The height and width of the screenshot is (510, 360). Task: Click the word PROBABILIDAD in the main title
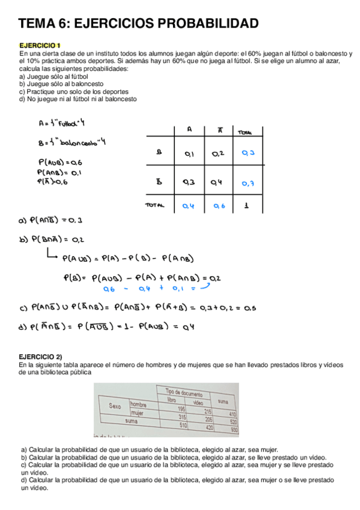tap(207, 23)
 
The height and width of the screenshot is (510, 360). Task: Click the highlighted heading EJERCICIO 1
tap(40, 46)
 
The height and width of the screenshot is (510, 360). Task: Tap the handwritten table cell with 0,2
tap(218, 154)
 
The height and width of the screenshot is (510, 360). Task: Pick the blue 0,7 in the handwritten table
tap(248, 183)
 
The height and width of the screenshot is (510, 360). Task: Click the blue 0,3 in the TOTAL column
tap(248, 153)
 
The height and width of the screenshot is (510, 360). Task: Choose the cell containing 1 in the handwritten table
tap(248, 206)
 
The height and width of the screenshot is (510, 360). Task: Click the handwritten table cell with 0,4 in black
tap(218, 182)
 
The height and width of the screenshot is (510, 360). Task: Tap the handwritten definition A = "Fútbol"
tap(61, 124)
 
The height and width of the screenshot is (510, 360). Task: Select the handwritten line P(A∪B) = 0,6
tap(59, 162)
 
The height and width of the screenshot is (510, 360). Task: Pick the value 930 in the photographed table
tap(234, 430)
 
